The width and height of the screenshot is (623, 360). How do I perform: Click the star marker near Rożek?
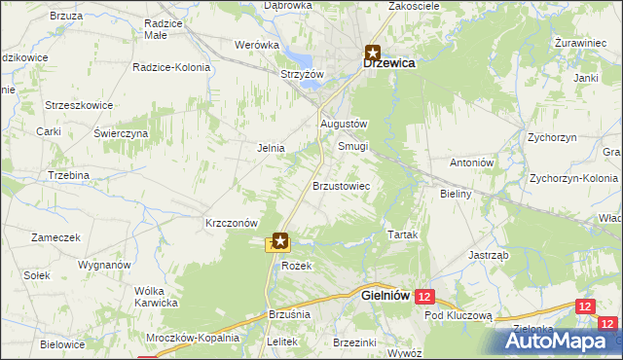click(280, 239)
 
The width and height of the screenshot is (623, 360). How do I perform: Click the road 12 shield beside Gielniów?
click(423, 295)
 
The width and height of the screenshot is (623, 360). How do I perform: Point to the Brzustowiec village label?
click(340, 185)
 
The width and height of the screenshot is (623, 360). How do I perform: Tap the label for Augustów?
click(343, 125)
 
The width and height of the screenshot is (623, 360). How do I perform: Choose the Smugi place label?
click(352, 146)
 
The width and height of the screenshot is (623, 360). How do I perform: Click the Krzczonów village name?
click(231, 222)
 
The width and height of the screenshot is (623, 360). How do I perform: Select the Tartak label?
click(403, 236)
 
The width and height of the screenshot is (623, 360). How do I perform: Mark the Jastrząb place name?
click(488, 255)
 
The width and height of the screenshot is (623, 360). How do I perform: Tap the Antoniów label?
click(473, 162)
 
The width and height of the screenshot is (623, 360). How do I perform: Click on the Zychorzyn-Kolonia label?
click(575, 179)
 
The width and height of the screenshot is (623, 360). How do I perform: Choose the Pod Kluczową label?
click(459, 316)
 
